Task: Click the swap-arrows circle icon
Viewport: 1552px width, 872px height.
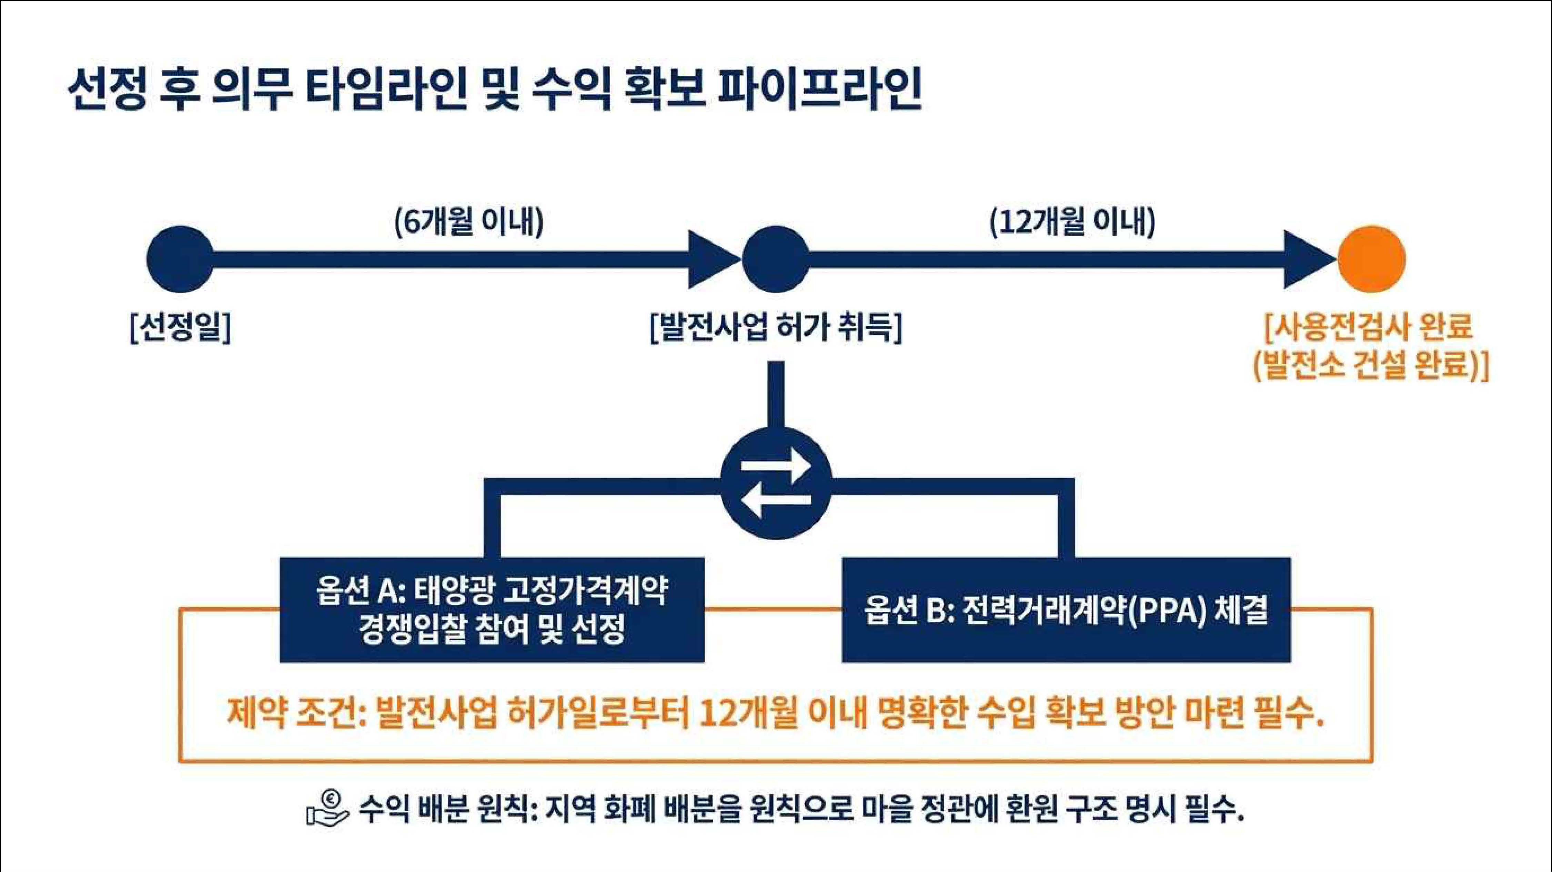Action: point(776,483)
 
